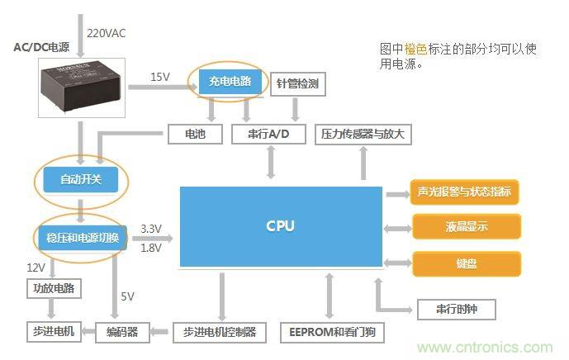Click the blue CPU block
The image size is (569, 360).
click(x=281, y=226)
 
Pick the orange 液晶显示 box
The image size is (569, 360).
click(x=467, y=227)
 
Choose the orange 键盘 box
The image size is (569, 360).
click(x=467, y=264)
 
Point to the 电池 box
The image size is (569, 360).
click(x=195, y=134)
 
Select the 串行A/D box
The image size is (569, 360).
click(x=268, y=134)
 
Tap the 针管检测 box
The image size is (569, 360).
click(x=297, y=84)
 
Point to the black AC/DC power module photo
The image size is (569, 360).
click(x=78, y=87)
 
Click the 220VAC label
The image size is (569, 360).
click(x=107, y=34)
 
